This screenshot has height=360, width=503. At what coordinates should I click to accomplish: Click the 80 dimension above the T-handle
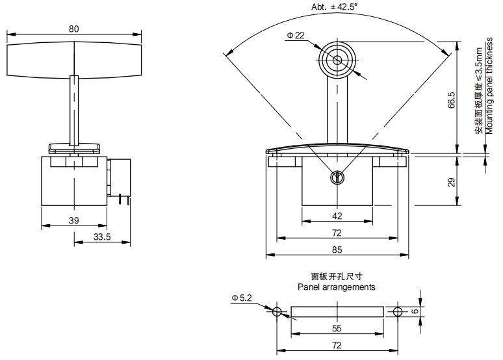click(74, 29)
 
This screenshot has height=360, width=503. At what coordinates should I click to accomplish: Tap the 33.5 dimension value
click(102, 238)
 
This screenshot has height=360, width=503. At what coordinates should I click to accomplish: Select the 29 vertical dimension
click(451, 183)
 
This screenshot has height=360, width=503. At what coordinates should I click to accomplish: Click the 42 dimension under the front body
click(337, 216)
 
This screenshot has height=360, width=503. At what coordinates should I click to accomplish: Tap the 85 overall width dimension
click(337, 250)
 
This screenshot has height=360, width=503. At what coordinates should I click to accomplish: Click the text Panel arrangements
click(336, 287)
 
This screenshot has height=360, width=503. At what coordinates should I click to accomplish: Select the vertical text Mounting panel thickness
click(489, 91)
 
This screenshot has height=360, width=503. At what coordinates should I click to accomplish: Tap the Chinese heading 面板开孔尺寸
click(337, 276)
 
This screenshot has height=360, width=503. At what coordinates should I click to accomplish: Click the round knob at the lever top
click(337, 60)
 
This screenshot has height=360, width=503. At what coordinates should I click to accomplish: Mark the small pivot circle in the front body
click(337, 178)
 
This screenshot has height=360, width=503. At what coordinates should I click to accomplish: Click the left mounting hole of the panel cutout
click(277, 313)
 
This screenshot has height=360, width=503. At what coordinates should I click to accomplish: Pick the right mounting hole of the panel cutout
click(396, 313)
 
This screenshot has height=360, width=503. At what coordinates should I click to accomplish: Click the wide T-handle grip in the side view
click(74, 60)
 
